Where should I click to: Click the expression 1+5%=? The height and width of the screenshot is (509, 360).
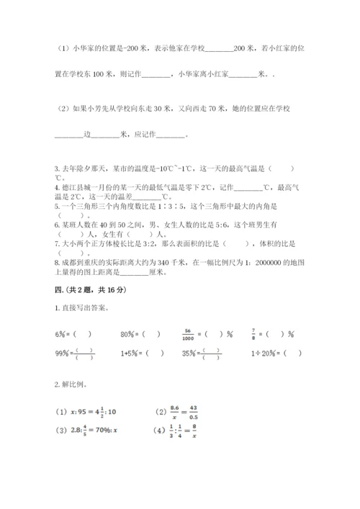click(130, 353)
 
